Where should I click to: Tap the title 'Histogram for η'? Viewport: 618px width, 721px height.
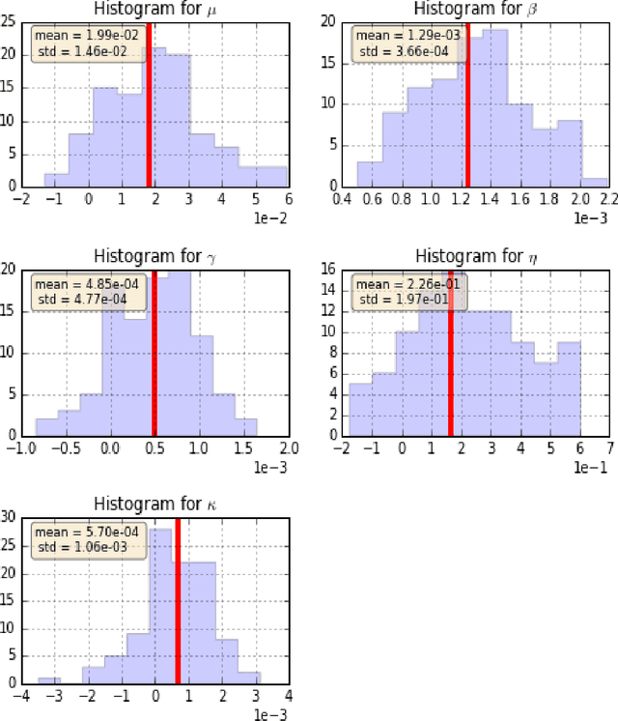coord(475,256)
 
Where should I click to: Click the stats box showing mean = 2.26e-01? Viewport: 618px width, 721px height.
coord(410,291)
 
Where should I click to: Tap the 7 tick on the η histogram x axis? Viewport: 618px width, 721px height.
coord(608,447)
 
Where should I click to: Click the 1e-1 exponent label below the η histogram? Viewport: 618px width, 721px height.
coord(593,466)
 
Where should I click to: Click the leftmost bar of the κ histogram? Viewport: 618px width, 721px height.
coord(49,680)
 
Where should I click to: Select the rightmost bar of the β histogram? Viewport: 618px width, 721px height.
coord(596,183)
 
